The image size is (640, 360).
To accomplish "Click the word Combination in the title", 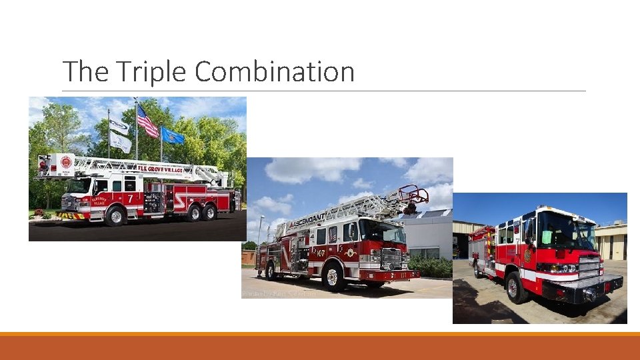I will click(275, 72).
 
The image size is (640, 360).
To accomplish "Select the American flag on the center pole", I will click(147, 122).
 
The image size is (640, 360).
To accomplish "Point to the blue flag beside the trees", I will click(172, 135).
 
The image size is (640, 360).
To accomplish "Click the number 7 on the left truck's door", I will click(130, 198).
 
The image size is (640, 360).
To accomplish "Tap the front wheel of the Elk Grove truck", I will click(116, 215).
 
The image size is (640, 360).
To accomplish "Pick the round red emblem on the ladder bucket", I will click(66, 162).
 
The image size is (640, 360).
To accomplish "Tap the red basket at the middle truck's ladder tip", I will click(413, 195).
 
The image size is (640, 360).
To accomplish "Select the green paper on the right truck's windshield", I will click(547, 237).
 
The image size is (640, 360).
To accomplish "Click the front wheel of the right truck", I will click(515, 287).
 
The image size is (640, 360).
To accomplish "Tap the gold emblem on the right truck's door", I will click(527, 255).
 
